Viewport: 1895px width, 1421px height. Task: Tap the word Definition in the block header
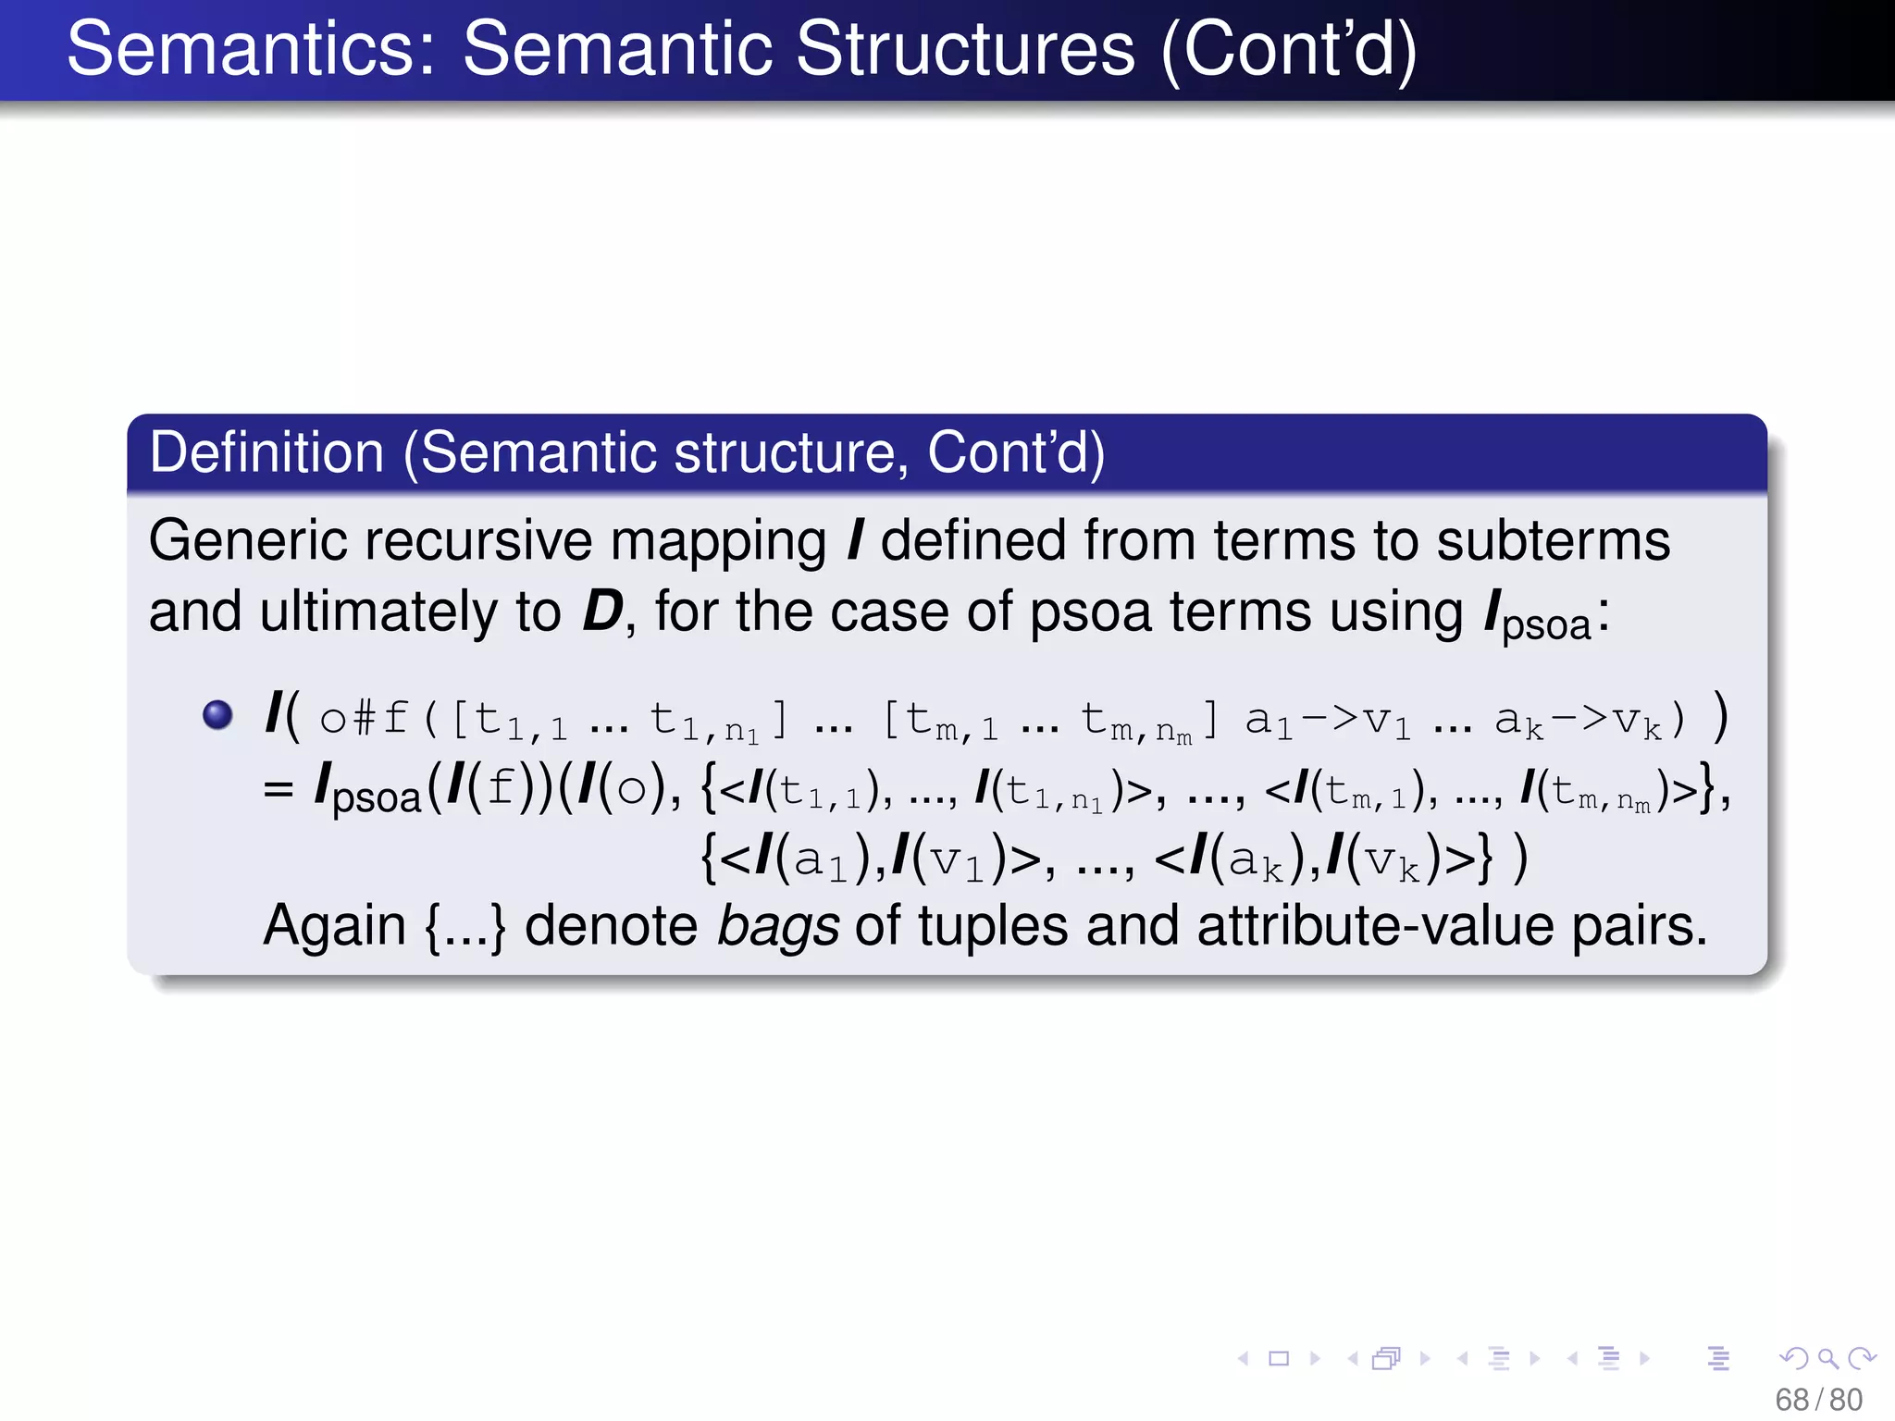[x=266, y=452]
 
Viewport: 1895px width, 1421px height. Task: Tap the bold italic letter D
[x=602, y=612]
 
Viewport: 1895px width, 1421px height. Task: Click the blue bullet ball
[x=217, y=715]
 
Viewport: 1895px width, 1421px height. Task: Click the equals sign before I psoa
[x=278, y=790]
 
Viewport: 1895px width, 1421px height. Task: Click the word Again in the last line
[x=334, y=925]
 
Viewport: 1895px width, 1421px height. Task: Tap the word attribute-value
[x=1375, y=925]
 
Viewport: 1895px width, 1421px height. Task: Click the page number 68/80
[x=1818, y=1400]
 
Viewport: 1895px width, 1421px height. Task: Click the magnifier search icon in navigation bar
[x=1827, y=1358]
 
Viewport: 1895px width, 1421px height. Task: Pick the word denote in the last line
[x=611, y=925]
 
